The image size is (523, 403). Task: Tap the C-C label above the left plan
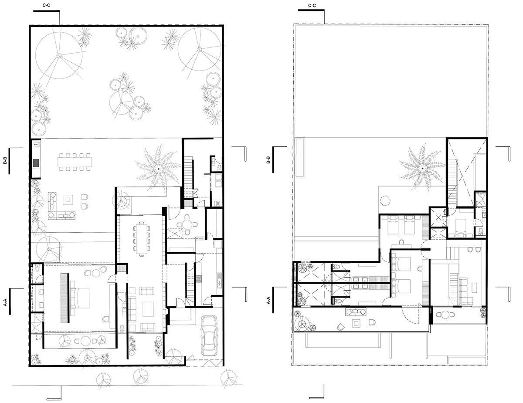pos(46,5)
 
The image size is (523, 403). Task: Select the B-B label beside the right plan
pos(268,160)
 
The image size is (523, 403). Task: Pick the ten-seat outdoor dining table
pos(75,162)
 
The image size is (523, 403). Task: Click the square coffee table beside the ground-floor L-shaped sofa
pos(68,200)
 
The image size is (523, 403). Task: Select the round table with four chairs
pos(187,225)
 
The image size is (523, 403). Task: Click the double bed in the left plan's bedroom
pos(80,298)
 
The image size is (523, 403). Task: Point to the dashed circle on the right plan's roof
pos(385,200)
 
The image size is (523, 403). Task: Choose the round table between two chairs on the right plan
pos(445,315)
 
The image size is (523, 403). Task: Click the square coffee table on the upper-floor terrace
pos(356,323)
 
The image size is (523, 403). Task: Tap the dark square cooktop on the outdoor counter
pos(36,163)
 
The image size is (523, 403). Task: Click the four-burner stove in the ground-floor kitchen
pos(199,279)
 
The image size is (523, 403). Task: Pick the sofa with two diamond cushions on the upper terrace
pos(356,312)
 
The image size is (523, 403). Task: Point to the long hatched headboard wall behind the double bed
pos(65,298)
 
